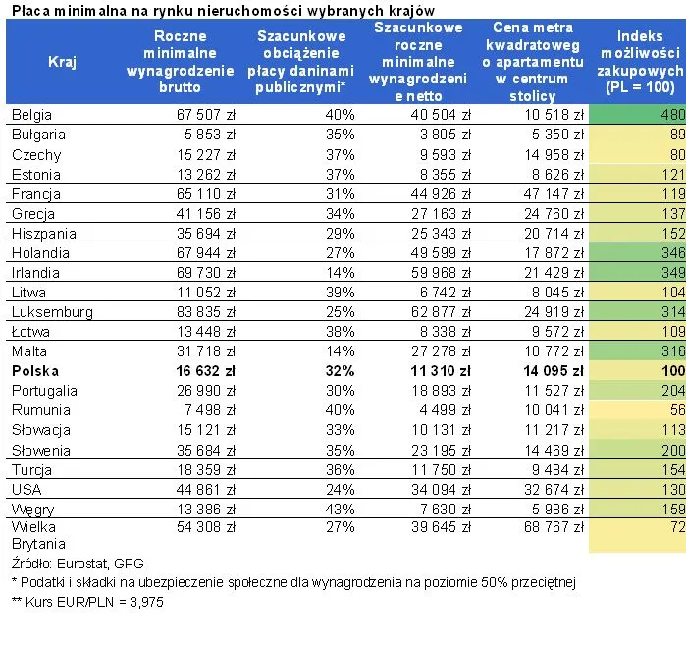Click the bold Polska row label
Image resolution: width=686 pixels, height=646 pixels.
(x=35, y=371)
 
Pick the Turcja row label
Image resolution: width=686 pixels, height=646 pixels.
(x=32, y=469)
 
